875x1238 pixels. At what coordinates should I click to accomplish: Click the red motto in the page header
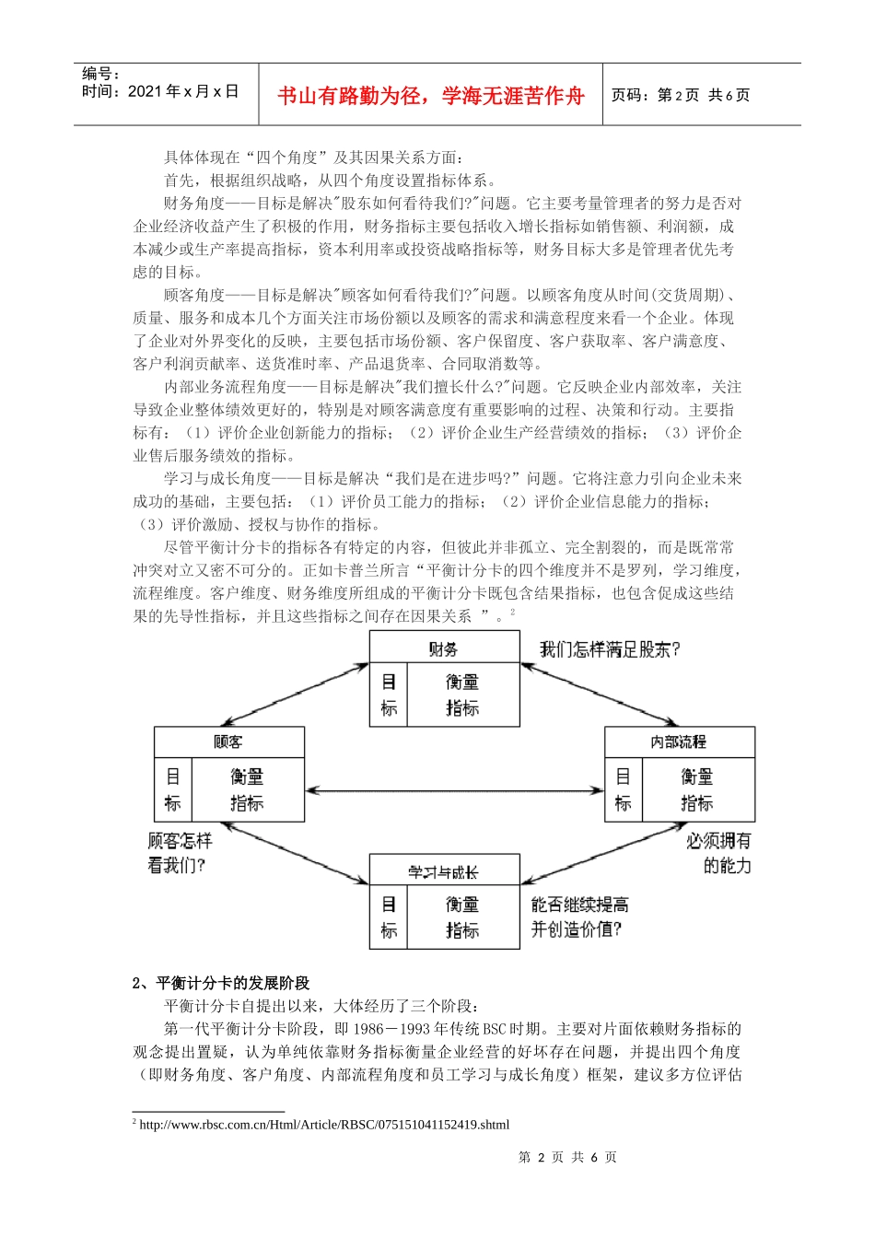coord(430,96)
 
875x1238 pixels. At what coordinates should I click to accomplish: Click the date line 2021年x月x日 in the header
coord(160,91)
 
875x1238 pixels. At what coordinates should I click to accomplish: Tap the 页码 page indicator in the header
coord(681,95)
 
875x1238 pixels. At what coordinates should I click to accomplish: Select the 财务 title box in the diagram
coord(444,648)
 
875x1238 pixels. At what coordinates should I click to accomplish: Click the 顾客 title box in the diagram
coord(228,742)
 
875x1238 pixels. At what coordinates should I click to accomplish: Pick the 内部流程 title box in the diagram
coord(679,742)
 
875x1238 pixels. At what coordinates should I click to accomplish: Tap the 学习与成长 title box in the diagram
coord(444,870)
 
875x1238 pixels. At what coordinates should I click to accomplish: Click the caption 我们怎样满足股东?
coord(610,649)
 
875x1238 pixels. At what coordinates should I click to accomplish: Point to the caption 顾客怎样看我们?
coord(180,853)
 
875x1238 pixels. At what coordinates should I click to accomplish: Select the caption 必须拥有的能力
coord(718,853)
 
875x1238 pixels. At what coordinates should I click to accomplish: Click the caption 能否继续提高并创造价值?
coord(579,917)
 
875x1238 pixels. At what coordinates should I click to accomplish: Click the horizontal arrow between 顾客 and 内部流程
coord(454,789)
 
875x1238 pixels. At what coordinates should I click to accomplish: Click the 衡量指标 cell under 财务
coord(461,695)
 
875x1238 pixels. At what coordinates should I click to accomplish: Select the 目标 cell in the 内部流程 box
coord(624,790)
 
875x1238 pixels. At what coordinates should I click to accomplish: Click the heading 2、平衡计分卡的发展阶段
coord(221,983)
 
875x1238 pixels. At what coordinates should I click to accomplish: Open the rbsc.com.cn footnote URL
coord(324,1125)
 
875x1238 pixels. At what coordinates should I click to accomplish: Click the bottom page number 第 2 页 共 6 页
coord(567,1157)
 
